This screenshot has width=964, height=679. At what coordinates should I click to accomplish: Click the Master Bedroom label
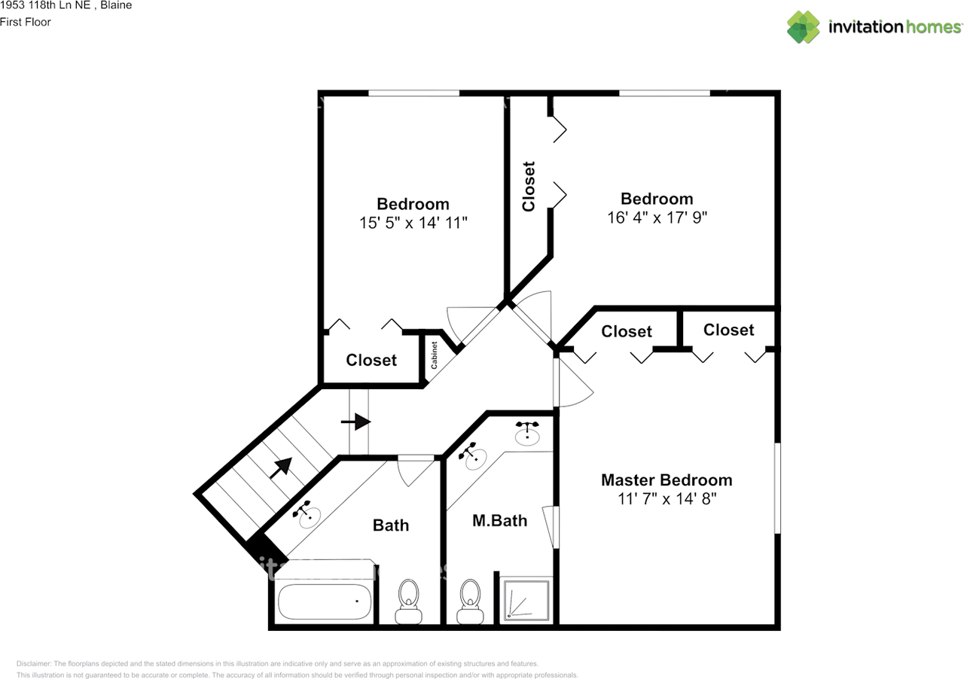[667, 480]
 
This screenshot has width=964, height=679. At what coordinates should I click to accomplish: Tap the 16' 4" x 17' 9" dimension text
[657, 218]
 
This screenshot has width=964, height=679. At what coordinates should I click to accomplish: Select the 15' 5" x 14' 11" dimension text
[413, 223]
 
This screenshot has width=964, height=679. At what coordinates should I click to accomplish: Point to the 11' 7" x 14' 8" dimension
[667, 499]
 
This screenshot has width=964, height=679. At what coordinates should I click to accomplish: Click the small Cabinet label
[435, 355]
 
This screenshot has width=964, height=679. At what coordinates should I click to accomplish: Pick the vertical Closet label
[529, 187]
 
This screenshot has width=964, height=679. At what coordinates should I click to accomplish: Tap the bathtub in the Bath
[324, 601]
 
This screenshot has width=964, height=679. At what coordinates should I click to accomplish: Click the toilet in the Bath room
[408, 601]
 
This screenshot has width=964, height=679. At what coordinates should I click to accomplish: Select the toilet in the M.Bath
[470, 601]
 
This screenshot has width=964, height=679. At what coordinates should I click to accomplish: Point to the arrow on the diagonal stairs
[281, 467]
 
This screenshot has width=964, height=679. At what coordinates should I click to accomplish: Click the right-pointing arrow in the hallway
[356, 422]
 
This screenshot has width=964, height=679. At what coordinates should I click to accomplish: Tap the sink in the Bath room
[307, 514]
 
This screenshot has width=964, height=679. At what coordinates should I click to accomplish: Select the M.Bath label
[499, 521]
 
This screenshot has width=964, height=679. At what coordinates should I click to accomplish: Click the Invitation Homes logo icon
[803, 27]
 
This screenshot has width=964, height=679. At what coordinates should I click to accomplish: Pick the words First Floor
[26, 22]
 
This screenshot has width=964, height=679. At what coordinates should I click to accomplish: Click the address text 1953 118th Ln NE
[44, 5]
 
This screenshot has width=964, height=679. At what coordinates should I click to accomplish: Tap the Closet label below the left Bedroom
[371, 360]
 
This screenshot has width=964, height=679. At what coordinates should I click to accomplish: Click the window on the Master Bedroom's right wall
[777, 489]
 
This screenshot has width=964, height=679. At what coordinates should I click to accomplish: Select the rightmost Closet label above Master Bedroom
[728, 330]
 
